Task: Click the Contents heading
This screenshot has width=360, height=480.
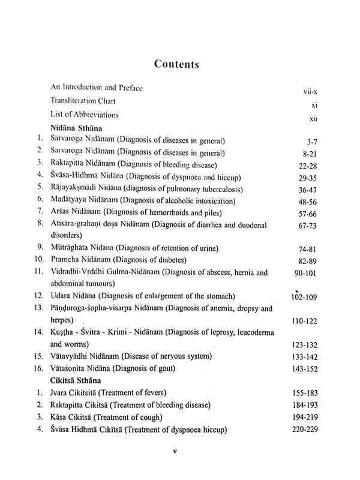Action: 176,64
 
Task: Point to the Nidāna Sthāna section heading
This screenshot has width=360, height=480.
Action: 77,128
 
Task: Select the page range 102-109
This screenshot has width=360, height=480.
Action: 304,296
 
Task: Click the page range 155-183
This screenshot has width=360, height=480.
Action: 303,393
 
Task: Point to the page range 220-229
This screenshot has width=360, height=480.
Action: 303,429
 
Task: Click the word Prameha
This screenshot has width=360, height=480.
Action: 67,260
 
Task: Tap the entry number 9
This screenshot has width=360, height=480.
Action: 40,247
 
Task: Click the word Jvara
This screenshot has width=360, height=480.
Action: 59,392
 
